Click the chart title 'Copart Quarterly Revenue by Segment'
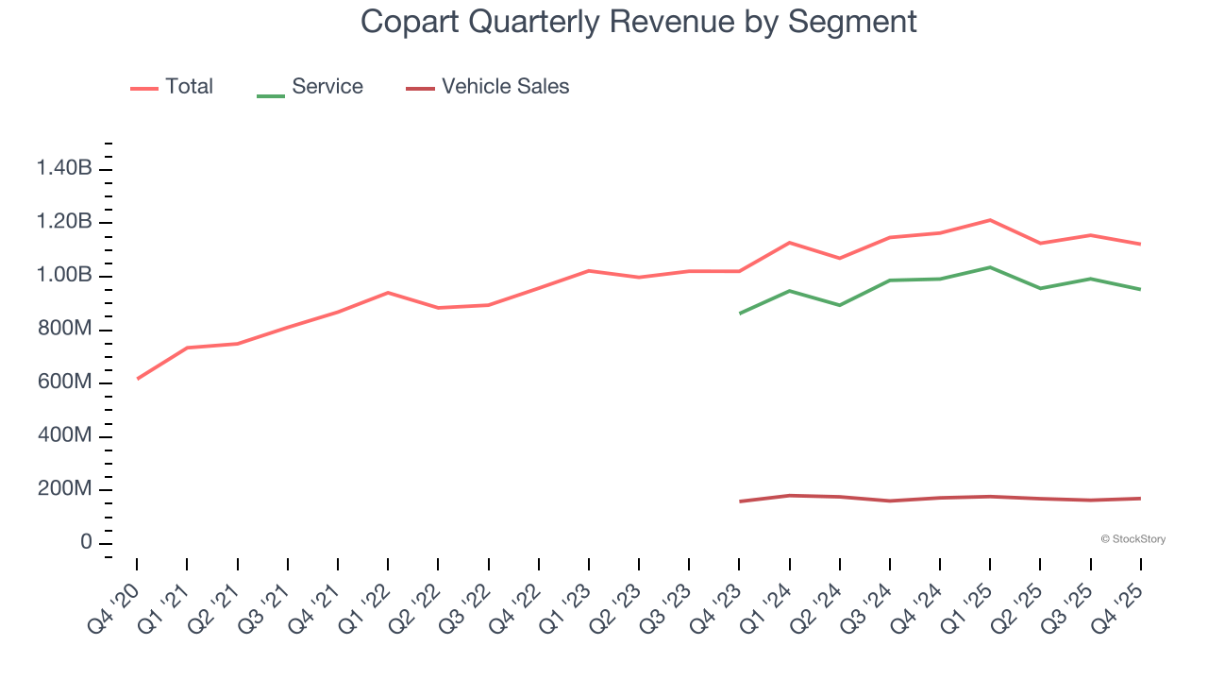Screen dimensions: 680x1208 (638, 21)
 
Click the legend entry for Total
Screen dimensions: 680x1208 (188, 87)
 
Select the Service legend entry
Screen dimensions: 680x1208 (327, 87)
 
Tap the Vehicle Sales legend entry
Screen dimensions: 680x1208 (505, 87)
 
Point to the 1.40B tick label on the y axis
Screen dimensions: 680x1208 (64, 169)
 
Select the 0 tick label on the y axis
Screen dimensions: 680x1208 (86, 543)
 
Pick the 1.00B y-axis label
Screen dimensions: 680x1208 (64, 276)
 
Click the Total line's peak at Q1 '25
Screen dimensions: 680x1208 (990, 220)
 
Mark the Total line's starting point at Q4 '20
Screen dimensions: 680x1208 (138, 379)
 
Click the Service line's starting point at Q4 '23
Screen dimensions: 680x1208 (740, 313)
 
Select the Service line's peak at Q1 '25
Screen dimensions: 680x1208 (990, 267)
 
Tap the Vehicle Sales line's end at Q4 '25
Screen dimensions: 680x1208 (1140, 499)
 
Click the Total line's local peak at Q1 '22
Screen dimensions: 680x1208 (388, 293)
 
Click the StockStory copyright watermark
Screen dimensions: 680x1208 (1132, 539)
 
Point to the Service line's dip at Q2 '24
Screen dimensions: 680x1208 (840, 305)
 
